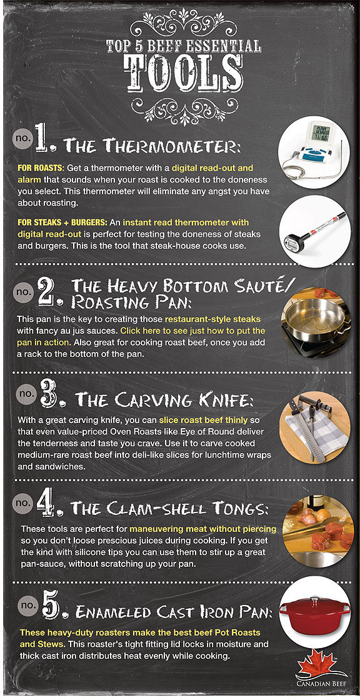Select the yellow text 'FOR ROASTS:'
point(41,169)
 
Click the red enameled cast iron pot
point(314,613)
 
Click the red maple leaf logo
point(320,666)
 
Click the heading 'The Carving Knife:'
point(164,399)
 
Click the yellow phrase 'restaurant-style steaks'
point(212,319)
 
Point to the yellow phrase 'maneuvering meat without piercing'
point(203,529)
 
